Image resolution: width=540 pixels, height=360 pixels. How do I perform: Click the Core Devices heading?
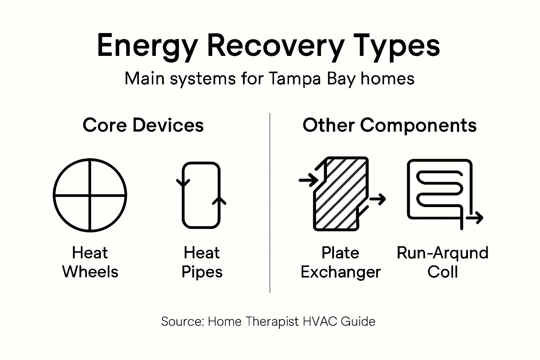(x=143, y=125)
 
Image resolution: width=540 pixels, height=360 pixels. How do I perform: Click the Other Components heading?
(x=390, y=125)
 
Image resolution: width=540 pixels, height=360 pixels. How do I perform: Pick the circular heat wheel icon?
(x=90, y=195)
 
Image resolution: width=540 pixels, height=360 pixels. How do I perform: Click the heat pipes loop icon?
(x=201, y=195)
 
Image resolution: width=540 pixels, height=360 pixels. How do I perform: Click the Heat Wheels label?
(x=90, y=262)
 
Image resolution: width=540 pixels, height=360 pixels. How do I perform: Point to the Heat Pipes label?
(x=202, y=262)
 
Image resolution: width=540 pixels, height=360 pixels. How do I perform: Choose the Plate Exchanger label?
(x=340, y=262)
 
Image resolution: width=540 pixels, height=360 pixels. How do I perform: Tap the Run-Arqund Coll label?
(x=443, y=262)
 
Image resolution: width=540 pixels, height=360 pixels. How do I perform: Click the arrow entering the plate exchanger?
(x=308, y=180)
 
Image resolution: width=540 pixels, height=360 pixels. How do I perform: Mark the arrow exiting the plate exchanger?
(x=378, y=199)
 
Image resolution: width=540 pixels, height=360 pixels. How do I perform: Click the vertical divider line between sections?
(x=270, y=202)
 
